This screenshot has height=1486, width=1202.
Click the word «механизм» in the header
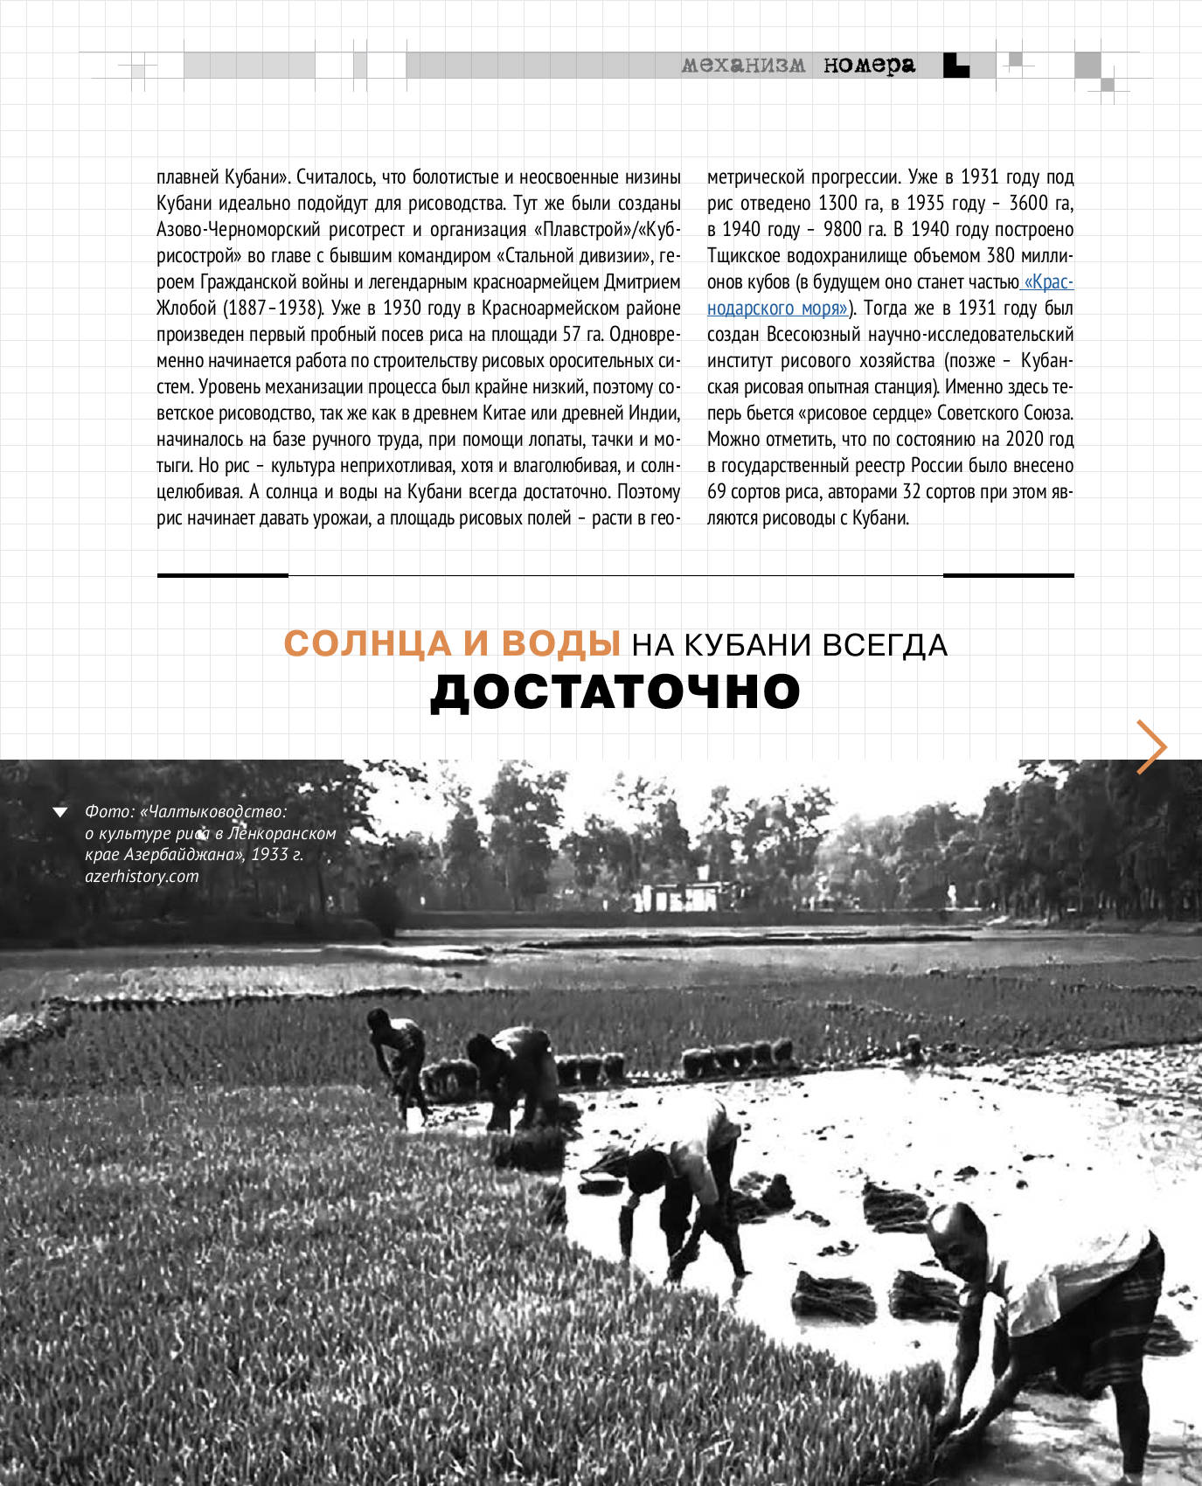tap(743, 65)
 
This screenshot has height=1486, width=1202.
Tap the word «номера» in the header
tap(869, 65)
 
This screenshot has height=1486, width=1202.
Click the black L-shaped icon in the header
tap(955, 66)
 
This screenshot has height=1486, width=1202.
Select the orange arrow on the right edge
tap(1151, 746)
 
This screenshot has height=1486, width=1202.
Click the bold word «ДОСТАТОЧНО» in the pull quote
tap(615, 691)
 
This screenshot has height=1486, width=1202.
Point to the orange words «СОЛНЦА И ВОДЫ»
tap(452, 644)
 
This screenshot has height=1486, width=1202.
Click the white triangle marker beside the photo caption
tap(60, 812)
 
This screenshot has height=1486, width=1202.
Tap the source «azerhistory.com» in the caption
tap(142, 876)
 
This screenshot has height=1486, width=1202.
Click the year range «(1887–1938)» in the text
tap(274, 308)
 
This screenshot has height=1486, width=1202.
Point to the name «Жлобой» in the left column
tap(186, 308)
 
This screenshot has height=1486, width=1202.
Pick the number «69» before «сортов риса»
tap(717, 491)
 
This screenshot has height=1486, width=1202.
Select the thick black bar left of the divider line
tap(222, 575)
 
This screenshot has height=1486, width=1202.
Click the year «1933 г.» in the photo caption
tap(277, 854)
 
